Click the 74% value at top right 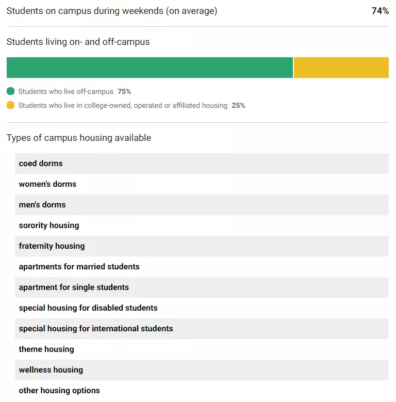(x=380, y=11)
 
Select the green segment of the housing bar (x=150, y=68)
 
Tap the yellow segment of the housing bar (x=341, y=68)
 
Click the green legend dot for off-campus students (x=11, y=91)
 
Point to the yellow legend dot (x=11, y=105)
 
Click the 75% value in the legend (x=124, y=91)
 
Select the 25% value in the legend (x=238, y=105)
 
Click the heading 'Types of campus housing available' (x=79, y=138)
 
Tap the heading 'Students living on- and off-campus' (x=78, y=42)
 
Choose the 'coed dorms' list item (x=41, y=164)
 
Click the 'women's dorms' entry (x=47, y=184)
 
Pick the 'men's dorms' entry (x=42, y=205)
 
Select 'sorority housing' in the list (x=49, y=226)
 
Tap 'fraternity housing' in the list (x=52, y=246)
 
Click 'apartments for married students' (x=79, y=267)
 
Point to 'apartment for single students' (x=74, y=287)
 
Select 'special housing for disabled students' (x=88, y=308)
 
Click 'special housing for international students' (x=96, y=329)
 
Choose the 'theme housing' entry (x=46, y=349)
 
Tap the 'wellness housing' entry (x=51, y=370)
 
